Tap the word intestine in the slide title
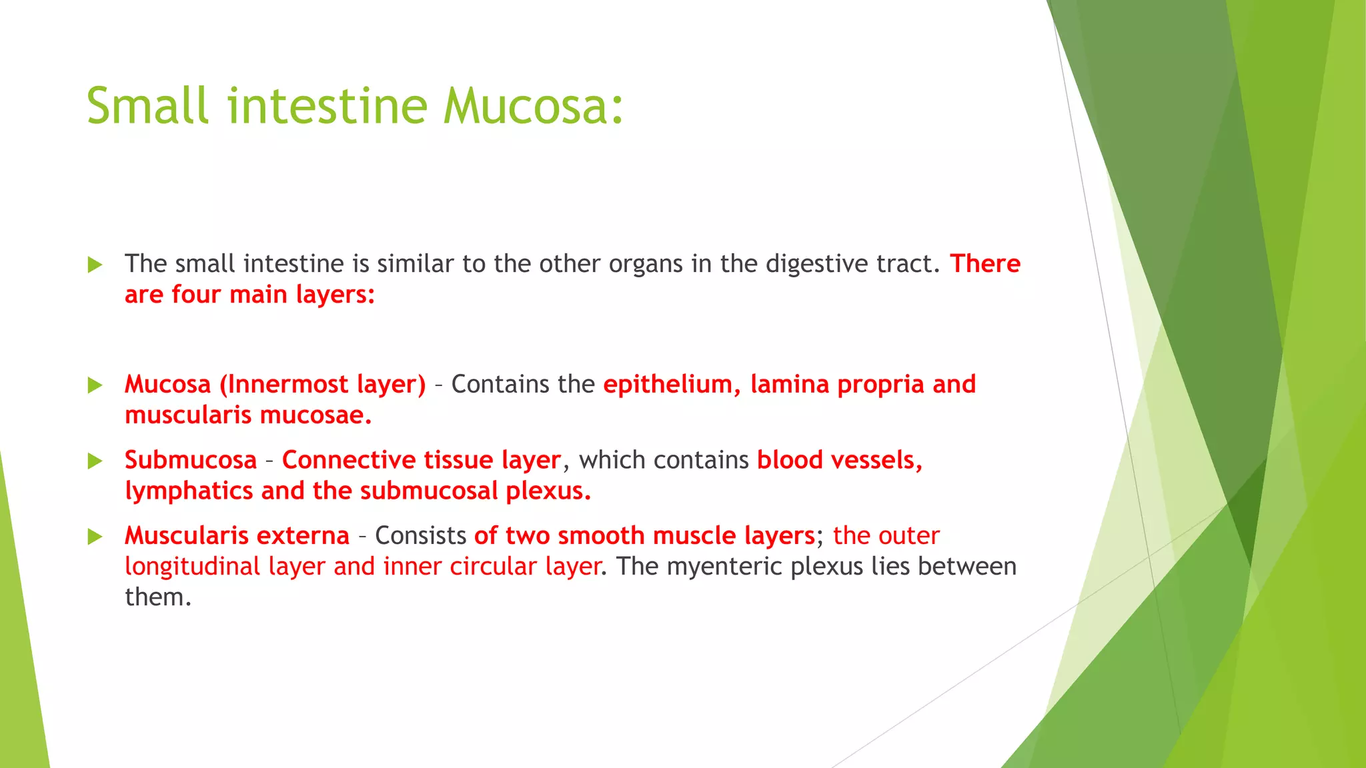point(327,107)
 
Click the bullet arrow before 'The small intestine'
point(95,265)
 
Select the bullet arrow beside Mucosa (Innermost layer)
point(95,385)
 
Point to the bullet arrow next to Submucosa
point(95,461)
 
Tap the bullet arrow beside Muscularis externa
point(95,537)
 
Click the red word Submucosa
point(191,460)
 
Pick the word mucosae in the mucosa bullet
point(315,415)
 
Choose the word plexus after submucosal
point(548,491)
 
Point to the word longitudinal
point(193,567)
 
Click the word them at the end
point(158,597)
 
